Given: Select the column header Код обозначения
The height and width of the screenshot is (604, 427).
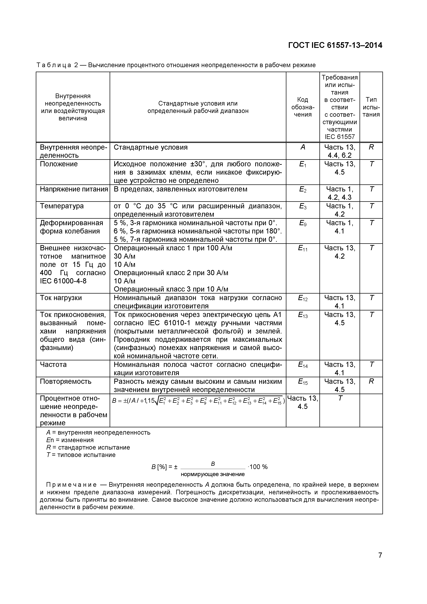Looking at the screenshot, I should point(303,107).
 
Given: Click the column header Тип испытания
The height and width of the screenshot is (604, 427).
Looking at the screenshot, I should point(371,107).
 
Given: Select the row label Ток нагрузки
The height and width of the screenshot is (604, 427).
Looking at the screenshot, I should point(61,298).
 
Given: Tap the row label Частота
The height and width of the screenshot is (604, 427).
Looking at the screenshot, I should point(53,365).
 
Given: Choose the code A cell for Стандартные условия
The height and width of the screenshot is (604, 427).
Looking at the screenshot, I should point(303,147).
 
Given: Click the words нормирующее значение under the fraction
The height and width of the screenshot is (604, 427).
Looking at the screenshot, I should point(212,474).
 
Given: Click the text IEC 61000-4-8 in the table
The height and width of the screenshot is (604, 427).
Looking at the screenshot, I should point(63,281).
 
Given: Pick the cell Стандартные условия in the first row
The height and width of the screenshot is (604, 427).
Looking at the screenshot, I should point(150,147).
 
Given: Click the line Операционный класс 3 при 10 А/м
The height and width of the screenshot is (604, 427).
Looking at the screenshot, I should point(171,289).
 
